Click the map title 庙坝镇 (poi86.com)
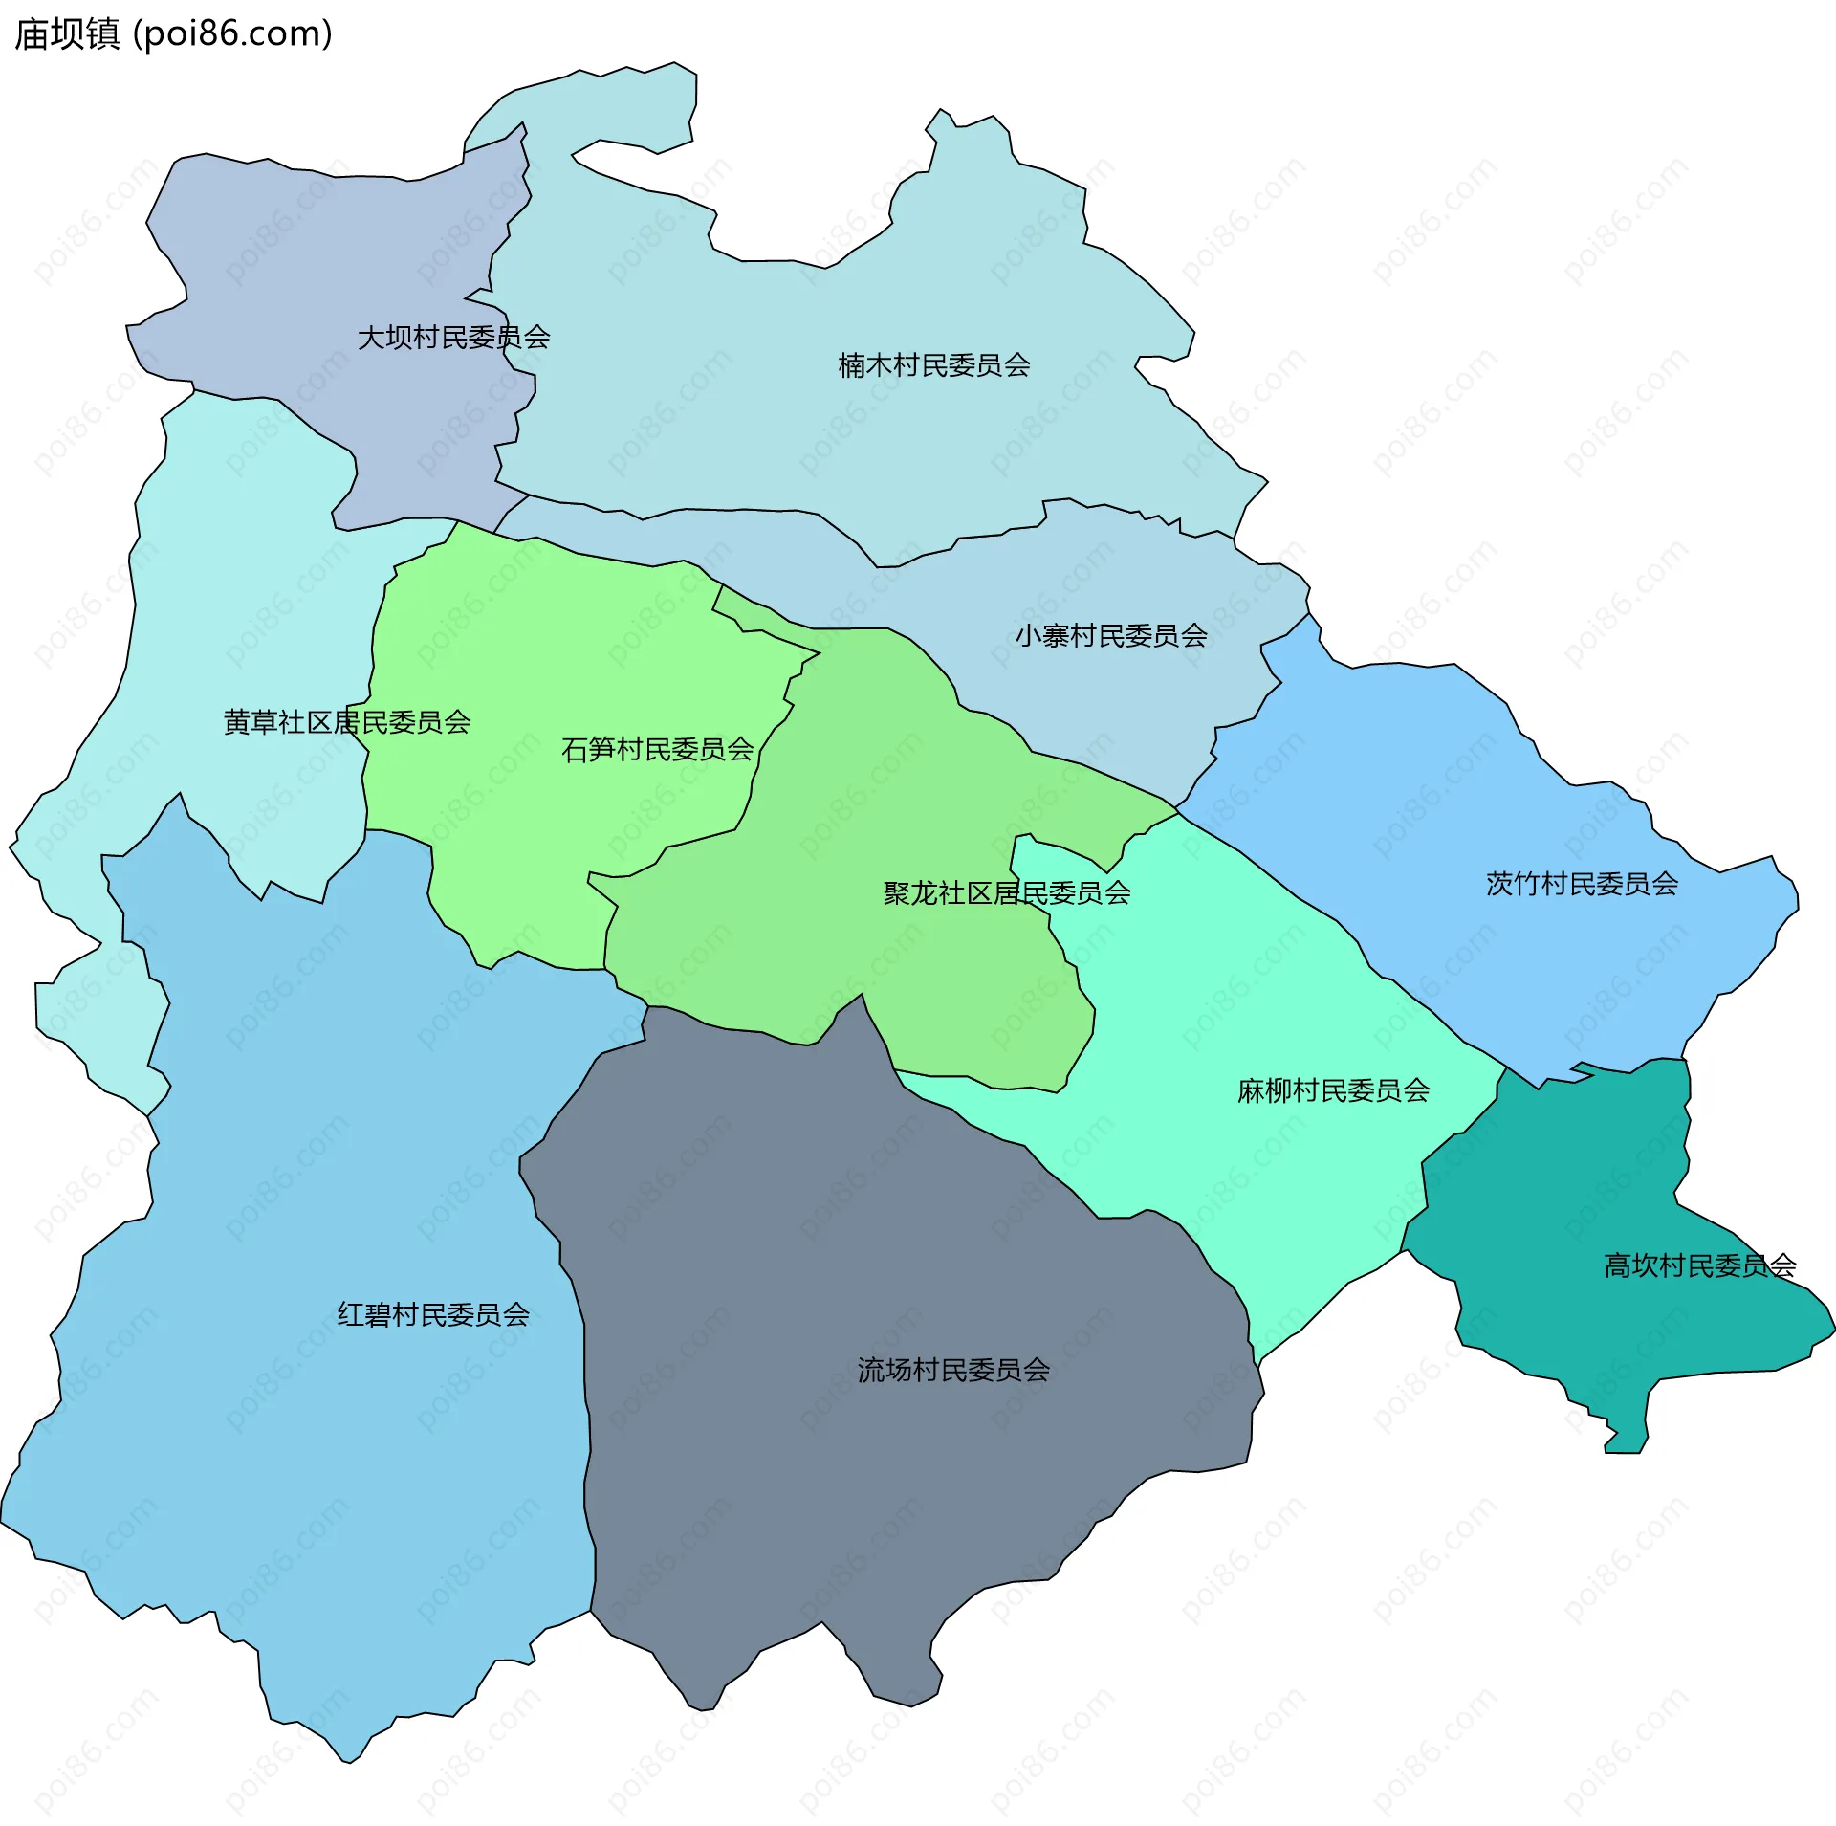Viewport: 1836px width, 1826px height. tap(173, 34)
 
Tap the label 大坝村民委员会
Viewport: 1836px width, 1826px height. tap(453, 338)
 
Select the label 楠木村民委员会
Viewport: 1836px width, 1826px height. tap(934, 365)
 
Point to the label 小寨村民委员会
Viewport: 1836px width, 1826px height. tap(1111, 636)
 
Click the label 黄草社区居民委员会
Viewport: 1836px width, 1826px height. tap(347, 722)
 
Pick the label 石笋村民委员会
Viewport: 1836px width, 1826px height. tap(658, 750)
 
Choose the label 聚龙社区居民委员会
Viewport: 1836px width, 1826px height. tap(1007, 893)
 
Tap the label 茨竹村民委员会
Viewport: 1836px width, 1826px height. tap(1582, 884)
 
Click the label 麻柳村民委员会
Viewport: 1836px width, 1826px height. tap(1333, 1090)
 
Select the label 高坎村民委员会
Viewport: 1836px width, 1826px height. tap(1699, 1266)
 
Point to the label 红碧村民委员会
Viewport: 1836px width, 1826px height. tap(433, 1315)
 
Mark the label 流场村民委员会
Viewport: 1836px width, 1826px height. tap(953, 1371)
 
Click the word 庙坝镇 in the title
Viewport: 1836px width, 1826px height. tap(67, 34)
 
